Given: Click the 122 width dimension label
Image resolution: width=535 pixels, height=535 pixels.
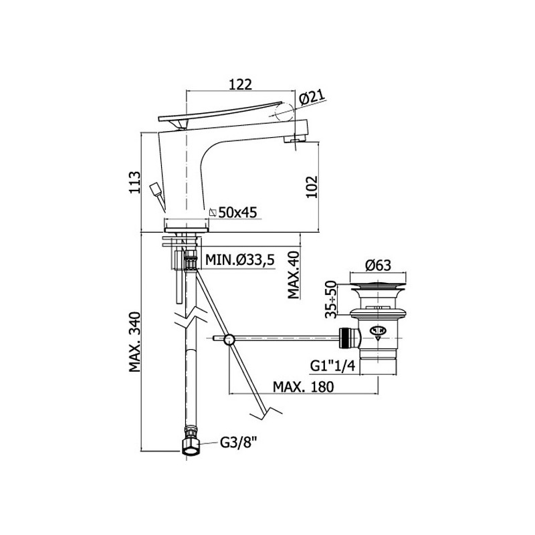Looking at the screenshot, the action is (240, 84).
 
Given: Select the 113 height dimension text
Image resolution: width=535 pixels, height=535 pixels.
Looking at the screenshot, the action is (134, 182).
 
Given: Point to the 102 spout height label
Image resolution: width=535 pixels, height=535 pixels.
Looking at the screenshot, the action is (312, 187).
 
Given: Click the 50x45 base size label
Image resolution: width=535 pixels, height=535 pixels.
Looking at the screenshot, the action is (237, 212).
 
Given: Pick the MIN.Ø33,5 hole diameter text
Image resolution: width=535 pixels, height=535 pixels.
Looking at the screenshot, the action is (239, 260).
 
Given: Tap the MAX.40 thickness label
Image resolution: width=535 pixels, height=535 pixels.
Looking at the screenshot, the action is (294, 275).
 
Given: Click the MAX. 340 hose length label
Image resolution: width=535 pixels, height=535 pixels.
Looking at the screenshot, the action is (134, 342).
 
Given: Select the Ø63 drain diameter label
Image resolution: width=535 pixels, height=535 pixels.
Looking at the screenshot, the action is (378, 265).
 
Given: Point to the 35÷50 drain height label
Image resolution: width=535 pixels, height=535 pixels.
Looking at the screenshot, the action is (330, 299).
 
